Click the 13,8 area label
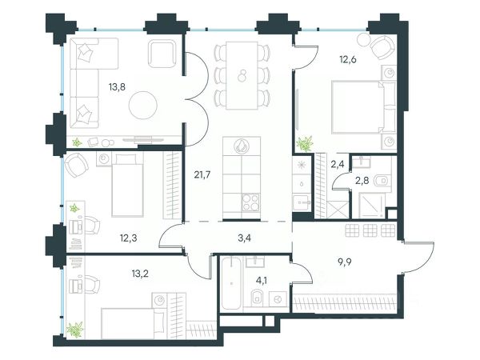[x=117, y=87]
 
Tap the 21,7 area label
[x=202, y=174]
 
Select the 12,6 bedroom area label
[x=348, y=59]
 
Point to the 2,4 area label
[x=338, y=164]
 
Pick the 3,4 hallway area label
[x=244, y=238]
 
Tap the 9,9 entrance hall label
[x=344, y=262]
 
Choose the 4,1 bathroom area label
[x=261, y=280]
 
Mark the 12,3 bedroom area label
[x=128, y=238]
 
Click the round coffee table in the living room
[x=143, y=106]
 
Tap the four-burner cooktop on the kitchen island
[x=250, y=202]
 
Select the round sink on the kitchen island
[x=242, y=146]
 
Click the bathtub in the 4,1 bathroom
[x=232, y=283]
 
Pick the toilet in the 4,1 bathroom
[x=257, y=298]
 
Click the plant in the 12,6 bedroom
[x=305, y=143]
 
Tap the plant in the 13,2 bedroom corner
[x=75, y=330]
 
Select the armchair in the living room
[x=162, y=54]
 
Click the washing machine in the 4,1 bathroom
[x=278, y=298]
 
